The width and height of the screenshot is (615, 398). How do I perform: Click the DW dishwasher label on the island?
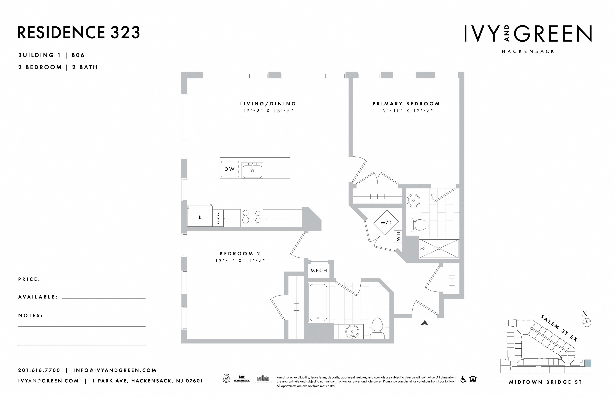coord(229,169)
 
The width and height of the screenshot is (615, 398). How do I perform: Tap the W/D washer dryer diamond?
coord(386,222)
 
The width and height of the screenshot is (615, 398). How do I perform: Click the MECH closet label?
coord(319,271)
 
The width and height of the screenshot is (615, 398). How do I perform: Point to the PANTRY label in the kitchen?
coord(218,218)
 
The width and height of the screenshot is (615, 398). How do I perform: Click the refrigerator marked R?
coord(200,217)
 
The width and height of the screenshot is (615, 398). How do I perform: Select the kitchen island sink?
coord(252,170)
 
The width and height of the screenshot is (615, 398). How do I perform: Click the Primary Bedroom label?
coord(406,104)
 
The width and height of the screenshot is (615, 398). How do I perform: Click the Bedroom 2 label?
coord(240,254)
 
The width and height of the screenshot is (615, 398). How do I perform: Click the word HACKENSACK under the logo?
coord(528,51)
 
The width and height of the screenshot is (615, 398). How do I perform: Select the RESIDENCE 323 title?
coord(79,32)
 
